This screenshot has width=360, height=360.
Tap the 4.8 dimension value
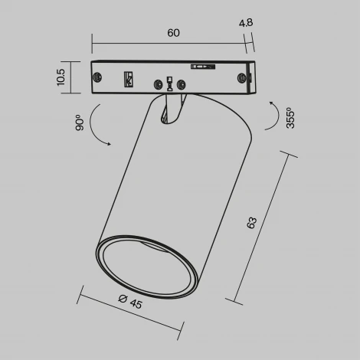tap(245, 24)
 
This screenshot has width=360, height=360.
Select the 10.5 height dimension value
tap(62, 77)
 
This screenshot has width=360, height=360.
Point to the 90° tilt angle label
tap(79, 123)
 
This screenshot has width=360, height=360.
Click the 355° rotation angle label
tap(290, 117)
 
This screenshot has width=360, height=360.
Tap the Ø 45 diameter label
tap(131, 303)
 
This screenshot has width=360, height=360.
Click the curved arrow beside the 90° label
tap(97, 126)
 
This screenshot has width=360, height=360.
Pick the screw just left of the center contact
tap(158, 83)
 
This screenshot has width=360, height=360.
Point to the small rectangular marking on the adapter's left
tap(129, 78)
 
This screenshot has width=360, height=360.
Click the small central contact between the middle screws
tap(169, 82)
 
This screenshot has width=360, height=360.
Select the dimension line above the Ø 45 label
tap(130, 314)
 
